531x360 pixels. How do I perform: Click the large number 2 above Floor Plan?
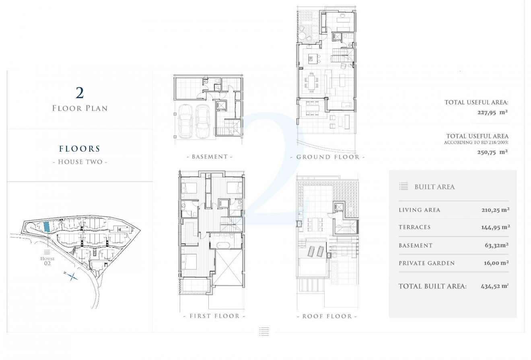(x=80, y=93)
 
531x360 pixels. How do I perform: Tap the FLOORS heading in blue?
(x=80, y=149)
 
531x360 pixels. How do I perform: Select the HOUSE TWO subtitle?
(x=80, y=162)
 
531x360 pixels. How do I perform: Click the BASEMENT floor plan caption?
(x=210, y=156)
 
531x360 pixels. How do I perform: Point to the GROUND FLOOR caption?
(x=327, y=157)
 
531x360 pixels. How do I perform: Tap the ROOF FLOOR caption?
(x=327, y=317)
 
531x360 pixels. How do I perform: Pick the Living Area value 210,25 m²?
(x=496, y=210)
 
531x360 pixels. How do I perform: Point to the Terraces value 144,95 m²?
(x=496, y=227)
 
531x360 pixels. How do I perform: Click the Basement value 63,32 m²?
(x=496, y=245)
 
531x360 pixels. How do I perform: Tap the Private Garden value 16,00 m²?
(x=496, y=263)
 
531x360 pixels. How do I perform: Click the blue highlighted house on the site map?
(x=46, y=226)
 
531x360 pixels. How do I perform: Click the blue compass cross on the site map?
(x=72, y=276)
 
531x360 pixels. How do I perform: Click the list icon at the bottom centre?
(x=264, y=331)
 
